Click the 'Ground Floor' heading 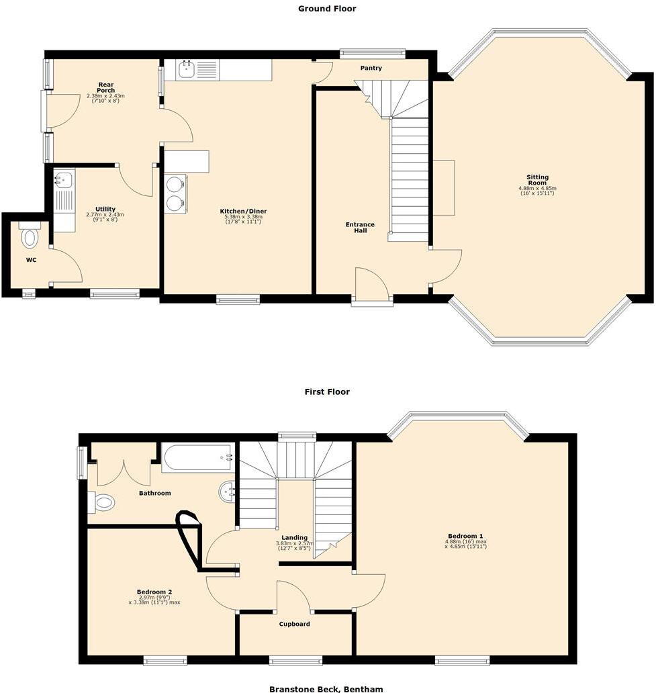click(x=327, y=9)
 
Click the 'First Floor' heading click(x=327, y=391)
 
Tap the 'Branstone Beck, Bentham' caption click(x=327, y=688)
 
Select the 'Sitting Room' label click(x=537, y=180)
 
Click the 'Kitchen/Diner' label click(x=243, y=212)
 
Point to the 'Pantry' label click(x=371, y=68)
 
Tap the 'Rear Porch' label click(x=105, y=87)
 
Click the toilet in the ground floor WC click(x=30, y=237)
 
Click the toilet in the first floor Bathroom click(x=102, y=502)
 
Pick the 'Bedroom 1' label click(x=465, y=537)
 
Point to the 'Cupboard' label click(x=295, y=624)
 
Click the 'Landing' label click(x=295, y=538)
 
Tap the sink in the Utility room click(x=64, y=179)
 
